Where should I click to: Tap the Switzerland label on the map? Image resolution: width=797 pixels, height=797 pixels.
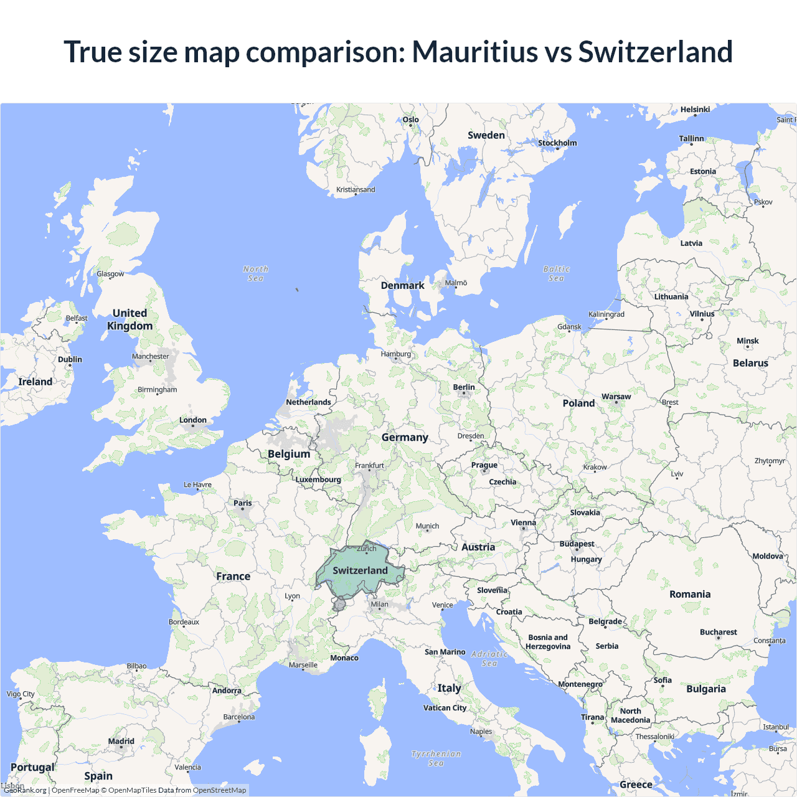[x=360, y=570]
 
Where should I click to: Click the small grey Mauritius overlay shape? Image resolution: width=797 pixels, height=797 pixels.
[x=339, y=604]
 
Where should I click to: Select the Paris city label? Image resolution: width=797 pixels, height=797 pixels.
[x=243, y=503]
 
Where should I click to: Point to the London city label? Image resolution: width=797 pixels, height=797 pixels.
[x=193, y=420]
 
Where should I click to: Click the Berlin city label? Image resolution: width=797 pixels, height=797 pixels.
[x=464, y=387]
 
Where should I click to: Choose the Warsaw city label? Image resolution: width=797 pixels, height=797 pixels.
[x=616, y=397]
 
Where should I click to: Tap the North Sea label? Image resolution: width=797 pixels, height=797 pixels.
[x=255, y=273]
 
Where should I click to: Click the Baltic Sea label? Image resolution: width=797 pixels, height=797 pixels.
[x=556, y=273]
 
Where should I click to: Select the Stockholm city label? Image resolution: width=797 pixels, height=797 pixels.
[x=557, y=143]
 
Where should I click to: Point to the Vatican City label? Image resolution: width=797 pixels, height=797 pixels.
[x=445, y=708]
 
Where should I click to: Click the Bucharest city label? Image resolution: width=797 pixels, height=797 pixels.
[x=718, y=632]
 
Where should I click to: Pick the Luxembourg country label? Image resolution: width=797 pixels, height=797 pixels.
[x=318, y=480]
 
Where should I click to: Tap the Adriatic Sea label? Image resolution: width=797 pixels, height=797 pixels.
[x=489, y=658]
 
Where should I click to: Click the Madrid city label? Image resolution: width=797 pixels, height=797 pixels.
[x=121, y=742]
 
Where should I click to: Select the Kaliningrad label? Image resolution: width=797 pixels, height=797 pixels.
[x=606, y=314]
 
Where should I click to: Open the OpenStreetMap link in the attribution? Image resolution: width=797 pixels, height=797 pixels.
[x=219, y=790]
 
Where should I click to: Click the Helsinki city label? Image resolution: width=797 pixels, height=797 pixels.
[x=695, y=110]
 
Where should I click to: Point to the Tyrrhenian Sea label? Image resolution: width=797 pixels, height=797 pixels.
[x=436, y=758]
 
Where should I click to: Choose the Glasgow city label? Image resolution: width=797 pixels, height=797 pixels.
[x=110, y=274]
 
